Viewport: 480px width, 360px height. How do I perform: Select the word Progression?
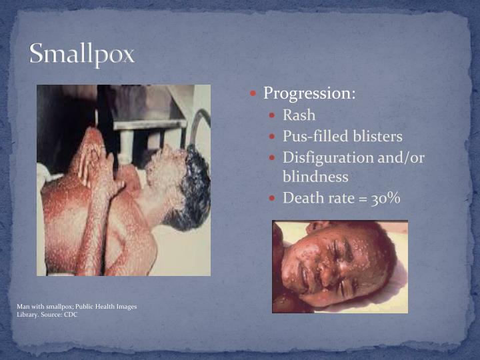click(307, 93)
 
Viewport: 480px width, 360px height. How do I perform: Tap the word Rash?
click(299, 115)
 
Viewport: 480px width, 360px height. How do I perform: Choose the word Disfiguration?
click(327, 158)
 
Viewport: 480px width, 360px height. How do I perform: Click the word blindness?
click(315, 177)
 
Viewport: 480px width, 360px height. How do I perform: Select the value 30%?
click(385, 198)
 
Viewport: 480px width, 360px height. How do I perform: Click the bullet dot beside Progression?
click(255, 94)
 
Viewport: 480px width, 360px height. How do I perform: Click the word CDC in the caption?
click(71, 314)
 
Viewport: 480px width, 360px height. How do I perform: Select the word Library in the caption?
click(27, 314)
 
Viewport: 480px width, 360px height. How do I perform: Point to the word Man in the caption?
click(23, 307)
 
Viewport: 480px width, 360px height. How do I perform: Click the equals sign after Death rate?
click(365, 199)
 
